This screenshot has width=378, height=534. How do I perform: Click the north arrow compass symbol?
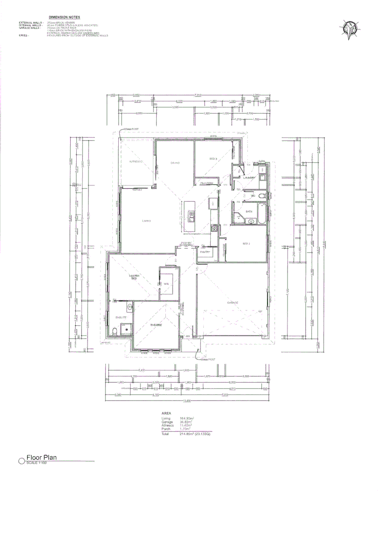tap(350, 29)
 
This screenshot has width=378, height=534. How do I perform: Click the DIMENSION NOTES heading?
tap(64, 17)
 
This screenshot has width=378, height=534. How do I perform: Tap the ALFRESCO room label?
tap(136, 162)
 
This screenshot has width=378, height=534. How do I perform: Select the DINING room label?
tap(175, 163)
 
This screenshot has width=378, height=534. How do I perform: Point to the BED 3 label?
tap(213, 159)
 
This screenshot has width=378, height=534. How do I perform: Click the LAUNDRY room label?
tap(248, 178)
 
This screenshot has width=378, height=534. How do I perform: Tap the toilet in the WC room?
tap(262, 196)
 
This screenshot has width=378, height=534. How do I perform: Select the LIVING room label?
tap(146, 221)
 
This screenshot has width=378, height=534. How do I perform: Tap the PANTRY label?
tap(205, 252)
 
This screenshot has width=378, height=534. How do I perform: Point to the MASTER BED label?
tap(134, 277)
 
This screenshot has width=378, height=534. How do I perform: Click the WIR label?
tap(166, 283)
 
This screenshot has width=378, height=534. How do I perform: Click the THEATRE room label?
tap(156, 324)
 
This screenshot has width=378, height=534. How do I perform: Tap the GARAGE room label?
tap(233, 303)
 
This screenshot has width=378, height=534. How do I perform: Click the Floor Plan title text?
tap(42, 458)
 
